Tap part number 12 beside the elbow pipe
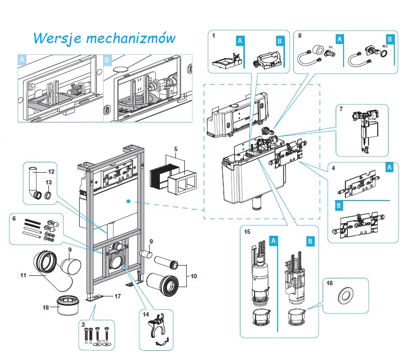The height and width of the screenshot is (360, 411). coord(51,172)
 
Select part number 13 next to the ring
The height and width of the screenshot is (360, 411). coord(48,182)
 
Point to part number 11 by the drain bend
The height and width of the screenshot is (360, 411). coord(22,275)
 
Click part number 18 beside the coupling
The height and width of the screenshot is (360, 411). coord(46,308)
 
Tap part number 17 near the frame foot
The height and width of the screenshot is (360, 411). coord(117,296)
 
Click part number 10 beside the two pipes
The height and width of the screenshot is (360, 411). coord(194,276)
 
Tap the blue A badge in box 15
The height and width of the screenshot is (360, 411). coord(274,241)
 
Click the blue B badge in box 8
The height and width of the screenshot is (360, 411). coord(389,39)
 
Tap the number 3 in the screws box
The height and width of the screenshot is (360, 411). coord(84,324)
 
